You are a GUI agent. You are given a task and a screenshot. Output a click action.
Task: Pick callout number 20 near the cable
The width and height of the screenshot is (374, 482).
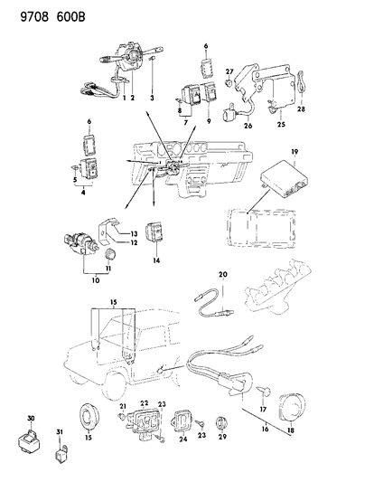[222, 273]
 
